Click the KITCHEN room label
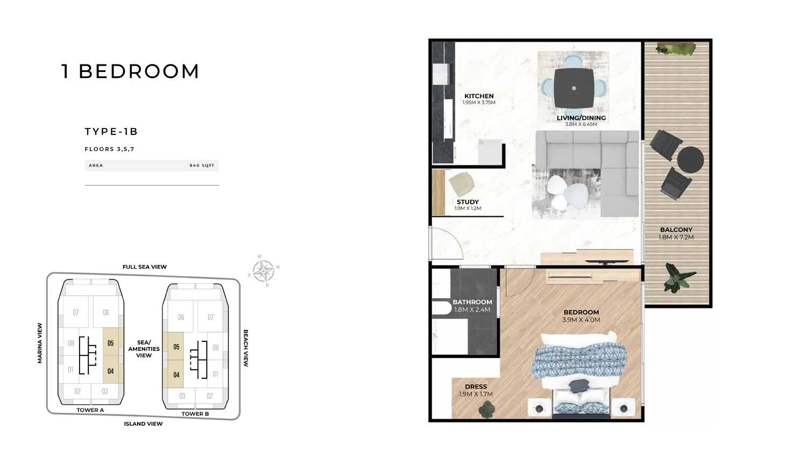[479, 96]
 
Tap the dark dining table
[574, 88]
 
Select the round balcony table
[690, 160]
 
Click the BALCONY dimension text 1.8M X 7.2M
[676, 237]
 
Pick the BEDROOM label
[581, 312]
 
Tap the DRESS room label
[476, 386]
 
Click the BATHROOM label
[472, 302]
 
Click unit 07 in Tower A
[76, 312]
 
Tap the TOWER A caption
[90, 410]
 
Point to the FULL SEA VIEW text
[145, 267]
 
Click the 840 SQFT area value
[202, 166]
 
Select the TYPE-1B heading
[111, 132]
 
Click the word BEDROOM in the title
[139, 71]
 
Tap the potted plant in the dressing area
[486, 410]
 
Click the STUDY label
[468, 202]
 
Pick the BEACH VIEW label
[246, 348]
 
